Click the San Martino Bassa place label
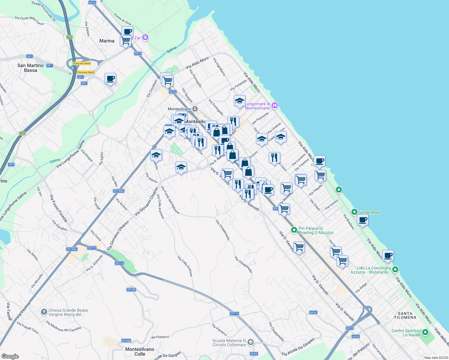point(30,68)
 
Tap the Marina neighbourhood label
point(107,41)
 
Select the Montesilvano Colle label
point(140,352)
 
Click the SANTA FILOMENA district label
point(405,315)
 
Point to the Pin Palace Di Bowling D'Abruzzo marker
point(294,230)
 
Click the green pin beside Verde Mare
point(354,212)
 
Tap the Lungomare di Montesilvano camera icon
point(274,105)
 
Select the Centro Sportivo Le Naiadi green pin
point(425,332)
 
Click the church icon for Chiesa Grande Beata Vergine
point(44,312)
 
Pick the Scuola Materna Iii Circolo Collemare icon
point(251,342)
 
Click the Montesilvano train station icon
point(195,109)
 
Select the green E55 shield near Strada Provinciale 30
point(70,37)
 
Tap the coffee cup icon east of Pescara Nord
point(110,78)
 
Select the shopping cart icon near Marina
point(125,40)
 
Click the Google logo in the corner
point(10,356)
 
